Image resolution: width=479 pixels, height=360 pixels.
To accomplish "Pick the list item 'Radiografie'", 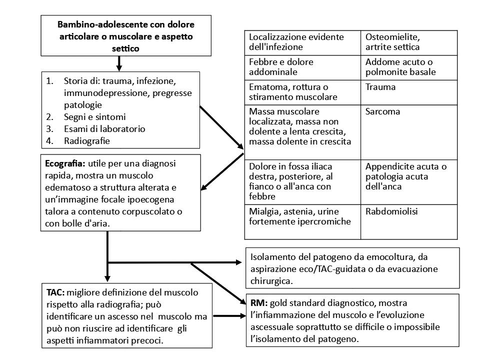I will tap(86, 140).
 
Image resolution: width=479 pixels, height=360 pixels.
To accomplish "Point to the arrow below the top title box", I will tap(119, 64).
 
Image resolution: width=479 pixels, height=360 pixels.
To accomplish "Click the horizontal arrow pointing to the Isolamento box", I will tap(175, 262).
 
